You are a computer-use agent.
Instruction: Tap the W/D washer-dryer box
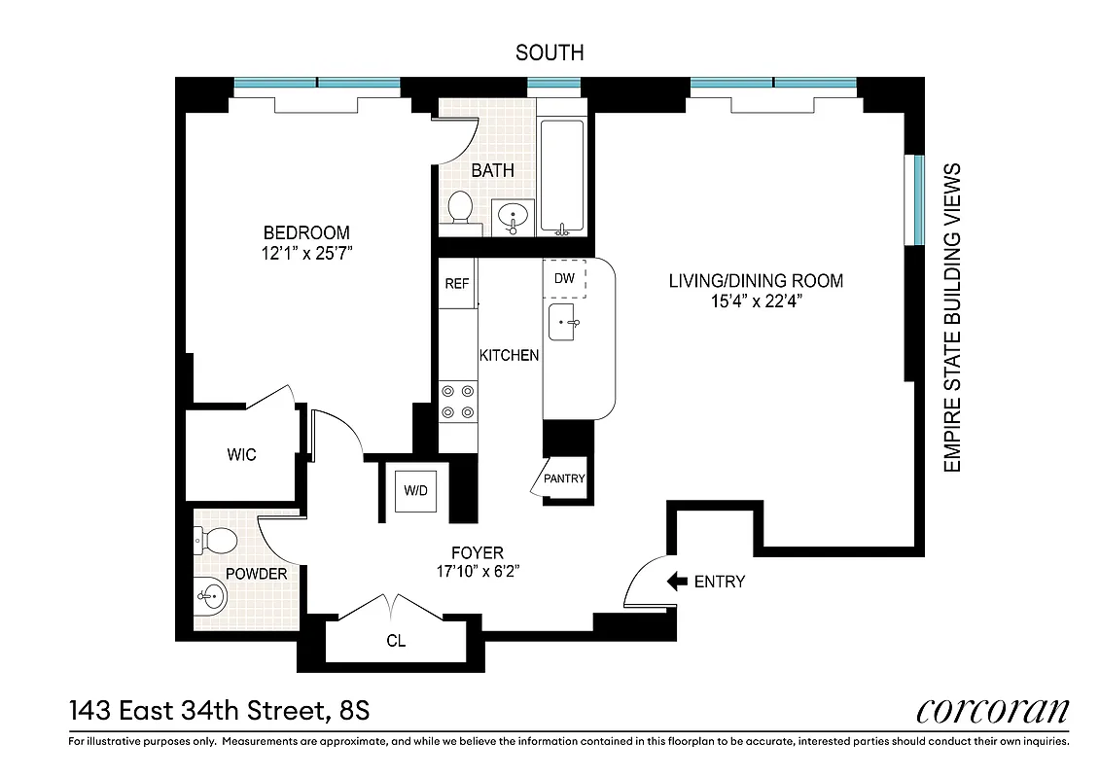coord(416,490)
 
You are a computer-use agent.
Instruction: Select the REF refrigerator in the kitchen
coord(456,284)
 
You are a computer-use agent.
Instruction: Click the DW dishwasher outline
coord(565,278)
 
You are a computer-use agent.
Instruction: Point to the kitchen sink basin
coord(564,322)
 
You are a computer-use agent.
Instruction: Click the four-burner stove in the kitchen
coord(458,402)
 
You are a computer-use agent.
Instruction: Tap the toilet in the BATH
coord(459,206)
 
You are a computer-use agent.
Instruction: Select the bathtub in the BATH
coord(562,177)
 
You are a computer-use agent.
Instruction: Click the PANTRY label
coord(564,478)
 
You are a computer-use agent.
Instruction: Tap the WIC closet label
coord(241,454)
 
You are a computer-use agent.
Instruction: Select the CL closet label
coord(396,642)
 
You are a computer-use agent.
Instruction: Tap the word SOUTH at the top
coord(550,53)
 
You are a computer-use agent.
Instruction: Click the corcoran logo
coord(992,711)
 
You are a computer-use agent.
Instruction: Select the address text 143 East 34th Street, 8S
coord(219,712)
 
